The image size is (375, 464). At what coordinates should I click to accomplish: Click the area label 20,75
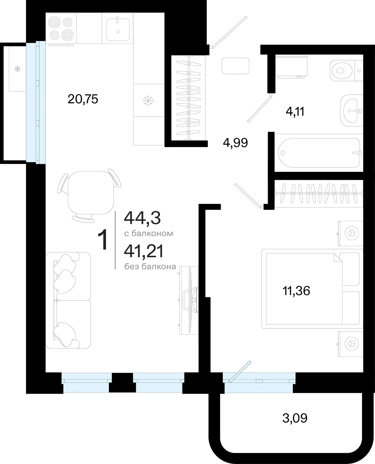click(x=83, y=99)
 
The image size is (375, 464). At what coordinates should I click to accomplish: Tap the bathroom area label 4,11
click(x=295, y=112)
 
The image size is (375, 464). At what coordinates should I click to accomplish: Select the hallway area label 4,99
click(x=235, y=143)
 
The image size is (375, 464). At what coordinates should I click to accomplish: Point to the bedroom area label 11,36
click(x=296, y=291)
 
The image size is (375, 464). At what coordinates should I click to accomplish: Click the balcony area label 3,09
click(x=295, y=418)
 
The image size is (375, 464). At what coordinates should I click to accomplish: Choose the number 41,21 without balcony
click(x=144, y=251)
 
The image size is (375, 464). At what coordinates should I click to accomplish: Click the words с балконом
click(x=149, y=233)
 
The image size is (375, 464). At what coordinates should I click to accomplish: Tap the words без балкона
click(x=150, y=267)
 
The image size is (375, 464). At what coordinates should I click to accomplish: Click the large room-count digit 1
click(x=103, y=240)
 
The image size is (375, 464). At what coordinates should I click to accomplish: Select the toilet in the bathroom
click(x=346, y=70)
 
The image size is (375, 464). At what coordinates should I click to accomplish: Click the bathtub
click(x=319, y=152)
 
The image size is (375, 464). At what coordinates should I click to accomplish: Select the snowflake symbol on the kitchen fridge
click(x=148, y=100)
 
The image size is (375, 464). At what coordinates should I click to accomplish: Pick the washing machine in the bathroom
click(x=291, y=66)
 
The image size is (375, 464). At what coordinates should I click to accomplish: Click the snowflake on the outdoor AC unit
click(x=17, y=69)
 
